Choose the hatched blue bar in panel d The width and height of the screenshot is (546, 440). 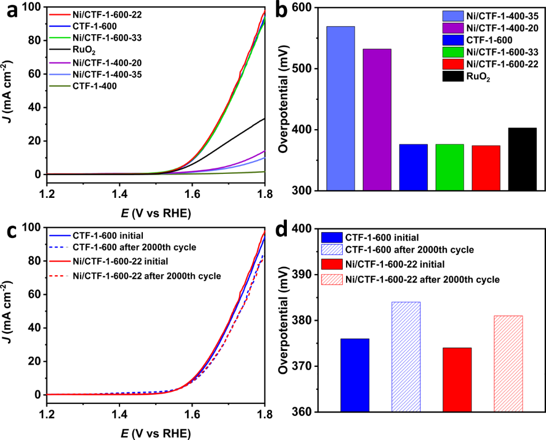coord(406,357)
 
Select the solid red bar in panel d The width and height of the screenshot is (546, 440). coord(457,380)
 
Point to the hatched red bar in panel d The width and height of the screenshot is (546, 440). coord(508,364)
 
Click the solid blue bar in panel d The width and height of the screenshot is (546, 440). coord(355,375)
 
